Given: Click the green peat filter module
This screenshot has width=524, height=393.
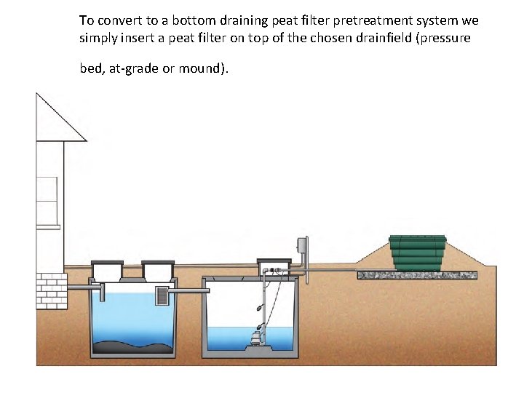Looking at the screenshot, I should [x=417, y=253].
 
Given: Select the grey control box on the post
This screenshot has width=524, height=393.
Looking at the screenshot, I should [x=301, y=246].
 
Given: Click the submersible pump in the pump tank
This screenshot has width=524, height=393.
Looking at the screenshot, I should [x=255, y=338].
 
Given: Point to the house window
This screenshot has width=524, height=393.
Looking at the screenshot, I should [x=47, y=199].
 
